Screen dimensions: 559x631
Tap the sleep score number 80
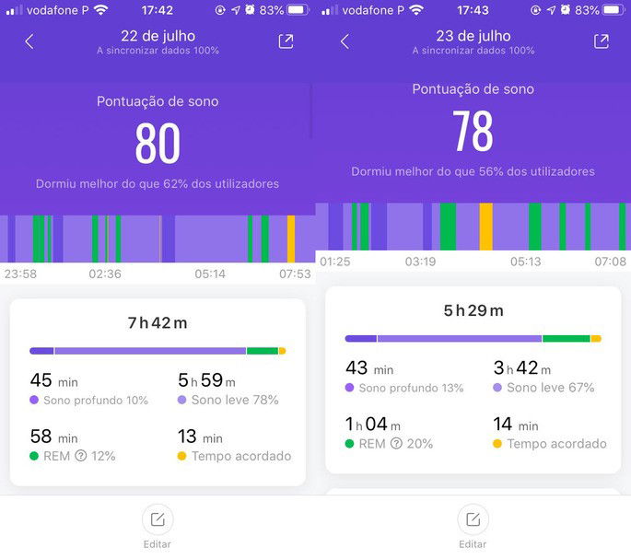(x=158, y=143)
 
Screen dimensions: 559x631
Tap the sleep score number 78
(x=473, y=131)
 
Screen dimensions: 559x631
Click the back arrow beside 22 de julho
(x=29, y=41)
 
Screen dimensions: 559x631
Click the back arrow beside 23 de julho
(x=345, y=41)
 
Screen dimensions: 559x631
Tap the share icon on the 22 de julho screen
(x=286, y=41)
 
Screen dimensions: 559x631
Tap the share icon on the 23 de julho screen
(x=601, y=41)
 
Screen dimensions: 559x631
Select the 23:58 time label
(x=20, y=274)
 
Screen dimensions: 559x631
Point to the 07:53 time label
(x=295, y=274)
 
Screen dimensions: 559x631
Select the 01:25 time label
(x=335, y=262)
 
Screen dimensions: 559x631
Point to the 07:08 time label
(x=610, y=262)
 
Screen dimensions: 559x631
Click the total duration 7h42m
(x=158, y=322)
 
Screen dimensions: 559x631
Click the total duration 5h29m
(x=473, y=310)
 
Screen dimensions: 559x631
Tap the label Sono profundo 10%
(x=95, y=401)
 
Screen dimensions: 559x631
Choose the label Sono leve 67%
(x=550, y=388)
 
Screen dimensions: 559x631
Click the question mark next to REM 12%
(x=81, y=456)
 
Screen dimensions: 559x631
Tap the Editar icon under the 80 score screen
(x=158, y=520)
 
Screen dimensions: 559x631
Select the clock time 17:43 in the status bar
(x=473, y=10)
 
